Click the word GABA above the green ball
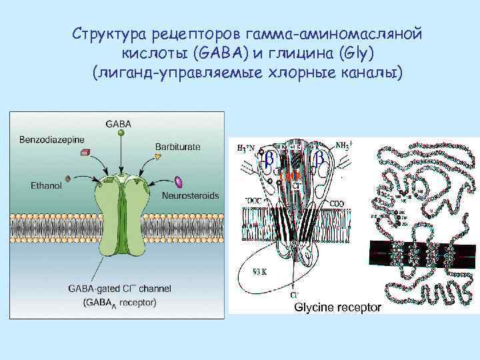point(118,123)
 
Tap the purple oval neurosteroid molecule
point(178,181)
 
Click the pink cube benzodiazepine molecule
point(84,153)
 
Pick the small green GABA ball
point(121,133)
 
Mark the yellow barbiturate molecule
point(157,157)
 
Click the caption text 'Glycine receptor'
point(338,307)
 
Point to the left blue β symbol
point(269,158)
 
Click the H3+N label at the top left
point(247,147)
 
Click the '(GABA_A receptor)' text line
point(119,303)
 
